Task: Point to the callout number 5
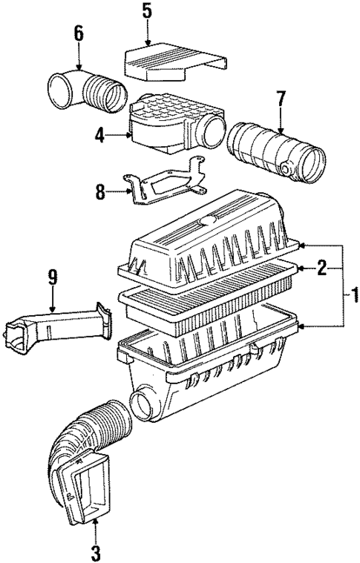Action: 147,11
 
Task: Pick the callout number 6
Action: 79,33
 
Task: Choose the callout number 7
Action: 281,99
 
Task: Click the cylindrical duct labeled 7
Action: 275,152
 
